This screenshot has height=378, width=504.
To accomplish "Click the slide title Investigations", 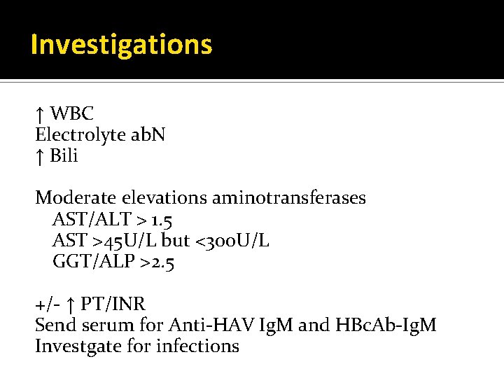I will coord(121,45).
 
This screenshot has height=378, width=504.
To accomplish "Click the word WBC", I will coord(72,113).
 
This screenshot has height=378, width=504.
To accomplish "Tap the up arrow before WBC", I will coord(40,113).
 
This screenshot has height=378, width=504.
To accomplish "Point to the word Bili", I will coord(64,155).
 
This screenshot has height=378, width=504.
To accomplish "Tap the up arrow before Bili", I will coord(40,156).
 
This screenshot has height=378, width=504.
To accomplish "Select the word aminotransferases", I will coord(287,198).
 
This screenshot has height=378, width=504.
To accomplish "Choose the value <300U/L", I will coord(232,241).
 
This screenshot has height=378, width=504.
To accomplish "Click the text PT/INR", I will coord(113,304).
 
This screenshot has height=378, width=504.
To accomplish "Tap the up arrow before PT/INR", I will coord(70,305).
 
